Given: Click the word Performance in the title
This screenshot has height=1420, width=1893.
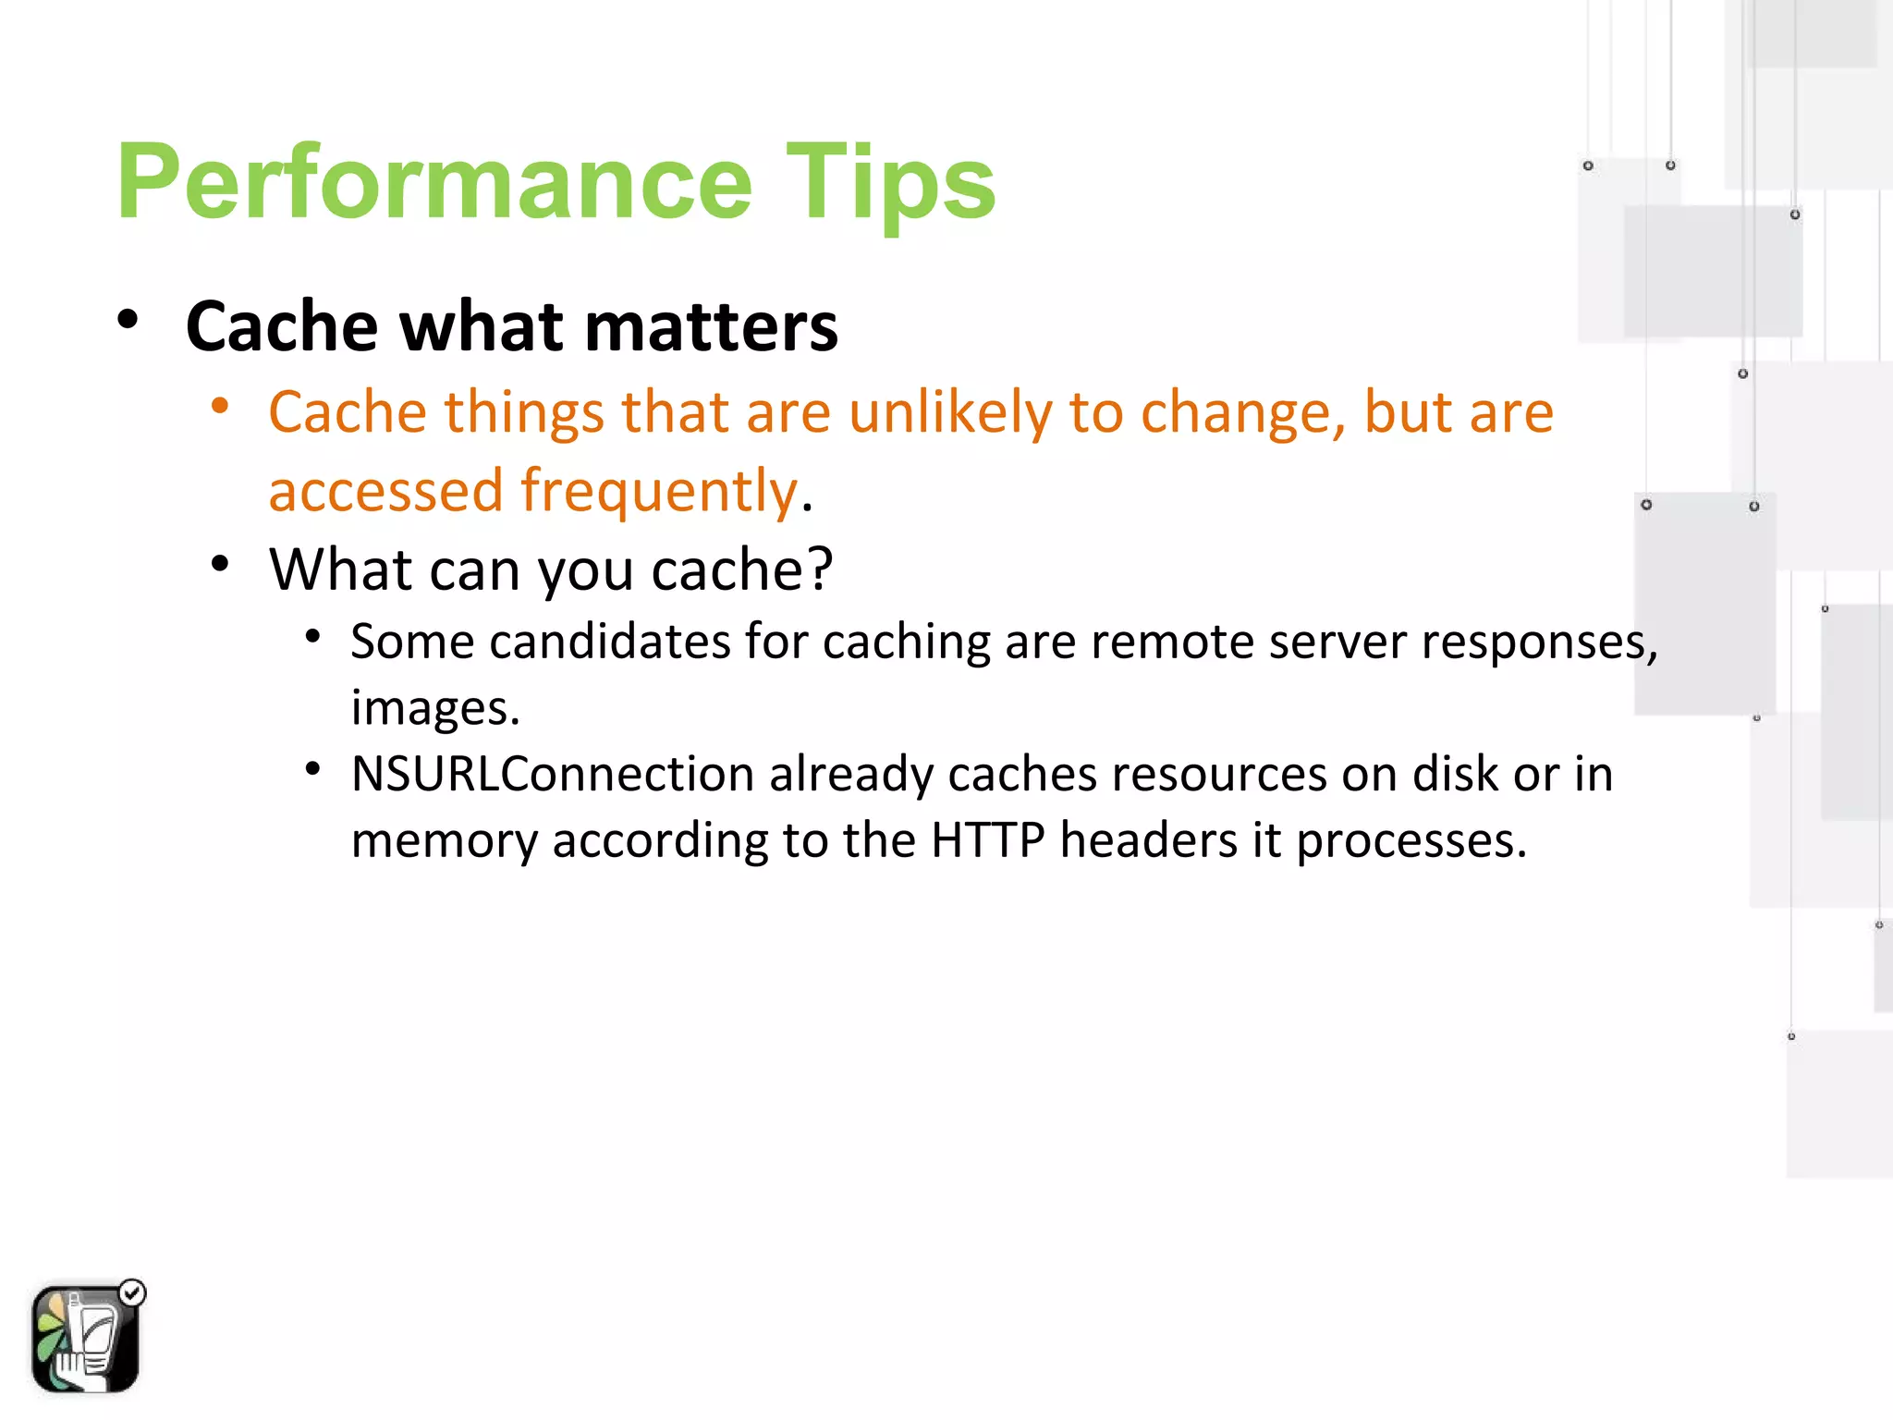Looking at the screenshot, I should tap(434, 182).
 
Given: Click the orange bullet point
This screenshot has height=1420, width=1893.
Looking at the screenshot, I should tap(220, 406).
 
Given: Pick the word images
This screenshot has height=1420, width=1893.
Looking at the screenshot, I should tap(434, 708).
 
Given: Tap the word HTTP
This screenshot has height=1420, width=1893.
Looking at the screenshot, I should tap(987, 840).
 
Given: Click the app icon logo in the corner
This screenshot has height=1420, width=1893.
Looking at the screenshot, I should tap(85, 1338).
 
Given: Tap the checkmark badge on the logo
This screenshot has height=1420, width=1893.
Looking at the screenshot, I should tap(133, 1292).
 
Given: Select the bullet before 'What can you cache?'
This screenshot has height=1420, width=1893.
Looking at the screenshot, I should tap(220, 563).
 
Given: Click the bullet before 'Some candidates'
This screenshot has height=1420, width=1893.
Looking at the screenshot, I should tap(313, 636).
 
